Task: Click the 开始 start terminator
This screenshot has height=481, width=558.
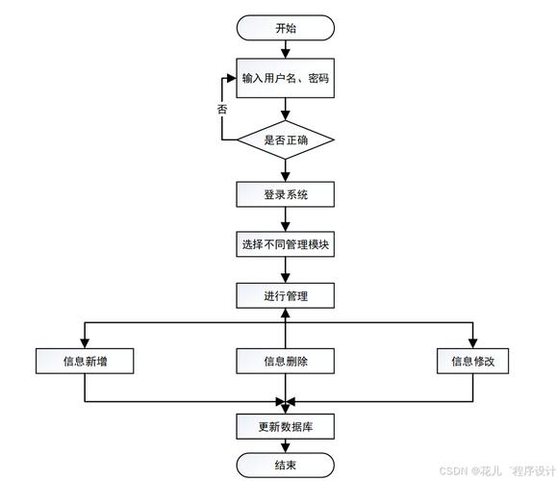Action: coord(286,28)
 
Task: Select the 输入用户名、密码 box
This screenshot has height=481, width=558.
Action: coord(286,79)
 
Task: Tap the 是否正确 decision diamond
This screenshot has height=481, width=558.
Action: coord(286,139)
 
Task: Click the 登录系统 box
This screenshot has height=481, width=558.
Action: coord(286,194)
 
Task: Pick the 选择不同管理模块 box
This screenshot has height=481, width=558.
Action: coord(286,245)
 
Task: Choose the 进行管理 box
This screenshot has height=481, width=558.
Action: coord(286,296)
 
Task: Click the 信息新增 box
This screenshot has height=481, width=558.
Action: coord(85,361)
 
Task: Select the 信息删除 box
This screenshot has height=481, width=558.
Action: coord(286,361)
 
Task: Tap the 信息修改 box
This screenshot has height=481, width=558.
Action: coord(472,361)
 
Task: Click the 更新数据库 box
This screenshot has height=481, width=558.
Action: coord(286,426)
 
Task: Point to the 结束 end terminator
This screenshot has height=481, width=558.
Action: coord(286,467)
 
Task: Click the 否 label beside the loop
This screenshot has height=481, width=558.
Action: coord(222,110)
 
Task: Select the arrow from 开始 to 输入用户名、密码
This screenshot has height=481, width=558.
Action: coord(286,52)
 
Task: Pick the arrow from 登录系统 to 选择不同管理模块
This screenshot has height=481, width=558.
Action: coord(286,220)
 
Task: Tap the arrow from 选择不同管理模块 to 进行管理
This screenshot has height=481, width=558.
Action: coord(286,271)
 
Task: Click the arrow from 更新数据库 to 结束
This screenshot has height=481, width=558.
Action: coord(286,446)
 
